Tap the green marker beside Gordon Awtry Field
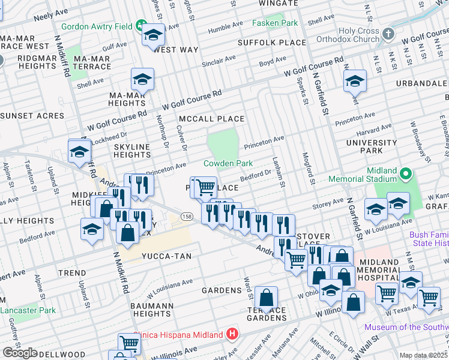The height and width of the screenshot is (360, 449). point(141,25)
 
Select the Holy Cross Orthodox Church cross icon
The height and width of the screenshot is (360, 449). point(388,32)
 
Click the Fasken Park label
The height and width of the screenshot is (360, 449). point(274,23)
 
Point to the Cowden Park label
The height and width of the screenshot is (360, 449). point(228,163)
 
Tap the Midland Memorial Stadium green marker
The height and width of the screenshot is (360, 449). point(406,175)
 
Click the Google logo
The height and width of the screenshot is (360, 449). point(20,353)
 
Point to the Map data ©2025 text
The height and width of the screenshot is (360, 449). point(424,355)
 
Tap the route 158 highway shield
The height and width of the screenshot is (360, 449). point(187,217)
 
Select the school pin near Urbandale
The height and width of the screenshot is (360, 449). point(355,80)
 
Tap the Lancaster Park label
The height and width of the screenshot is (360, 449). point(28,310)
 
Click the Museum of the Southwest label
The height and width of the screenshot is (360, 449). point(406,327)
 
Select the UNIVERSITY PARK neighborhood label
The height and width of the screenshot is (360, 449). point(372,147)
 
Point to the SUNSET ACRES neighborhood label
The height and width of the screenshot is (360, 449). point(32,115)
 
